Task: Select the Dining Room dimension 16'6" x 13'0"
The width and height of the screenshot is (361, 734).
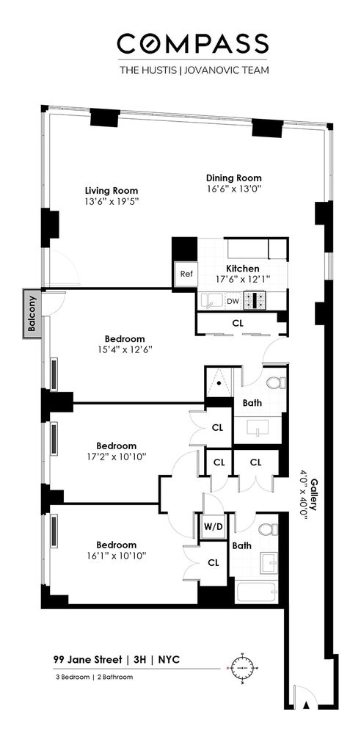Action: point(233,189)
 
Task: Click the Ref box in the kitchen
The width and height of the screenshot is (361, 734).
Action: point(186,275)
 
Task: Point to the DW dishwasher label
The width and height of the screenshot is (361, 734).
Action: point(232,301)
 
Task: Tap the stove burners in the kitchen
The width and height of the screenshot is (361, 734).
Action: point(257,300)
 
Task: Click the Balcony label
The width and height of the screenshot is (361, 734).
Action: point(32,316)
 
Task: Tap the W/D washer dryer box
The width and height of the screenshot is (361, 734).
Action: point(208,526)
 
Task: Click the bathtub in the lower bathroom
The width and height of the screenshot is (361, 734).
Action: point(251,590)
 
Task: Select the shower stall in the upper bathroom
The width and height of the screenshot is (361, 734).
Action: point(219,383)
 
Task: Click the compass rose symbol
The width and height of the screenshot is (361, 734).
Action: point(241,666)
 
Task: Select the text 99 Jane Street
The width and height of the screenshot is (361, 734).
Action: point(87,660)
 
